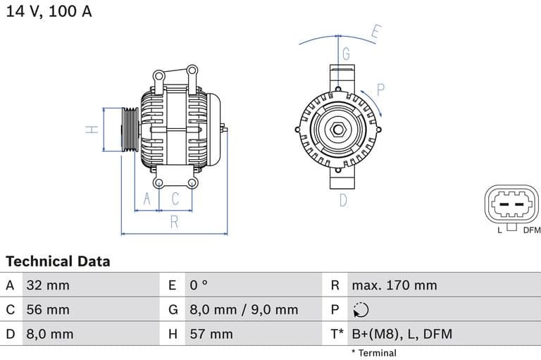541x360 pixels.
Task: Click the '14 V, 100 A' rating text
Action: [49, 11]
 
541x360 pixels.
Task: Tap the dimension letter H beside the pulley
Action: [92, 130]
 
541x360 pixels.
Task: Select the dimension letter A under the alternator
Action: [147, 199]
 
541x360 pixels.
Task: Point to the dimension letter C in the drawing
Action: [175, 199]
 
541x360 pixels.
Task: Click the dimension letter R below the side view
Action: [174, 223]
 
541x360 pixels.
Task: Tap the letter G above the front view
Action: [346, 54]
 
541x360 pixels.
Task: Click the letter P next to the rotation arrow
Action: [380, 89]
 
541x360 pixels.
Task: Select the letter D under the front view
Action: [344, 200]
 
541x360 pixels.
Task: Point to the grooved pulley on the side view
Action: [130, 130]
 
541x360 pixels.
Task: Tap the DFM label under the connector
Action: [531, 230]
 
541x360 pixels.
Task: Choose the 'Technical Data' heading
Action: [58, 261]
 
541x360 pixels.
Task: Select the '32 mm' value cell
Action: [48, 285]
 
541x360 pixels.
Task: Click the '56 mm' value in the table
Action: [48, 309]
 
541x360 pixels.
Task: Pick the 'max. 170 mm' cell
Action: [394, 285]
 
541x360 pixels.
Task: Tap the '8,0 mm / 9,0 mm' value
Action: [244, 309]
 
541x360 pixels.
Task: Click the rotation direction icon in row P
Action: [360, 310]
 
